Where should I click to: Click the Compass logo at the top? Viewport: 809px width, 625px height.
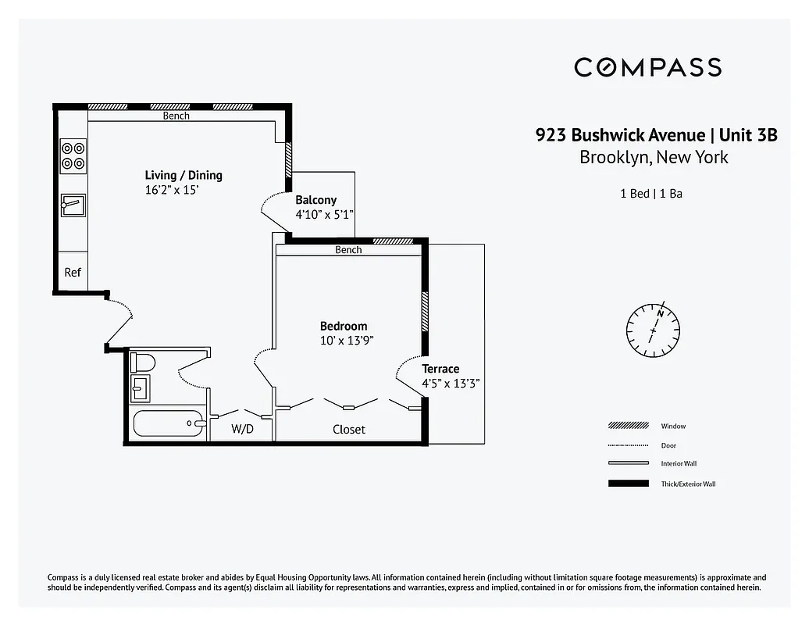point(647,67)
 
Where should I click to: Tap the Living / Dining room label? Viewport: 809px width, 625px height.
point(184,175)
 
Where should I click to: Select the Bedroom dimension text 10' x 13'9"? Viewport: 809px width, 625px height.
point(347,341)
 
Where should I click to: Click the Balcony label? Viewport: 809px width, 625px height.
point(315,200)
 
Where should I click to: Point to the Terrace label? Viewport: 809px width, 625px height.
point(440,369)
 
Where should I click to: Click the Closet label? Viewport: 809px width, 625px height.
point(348,429)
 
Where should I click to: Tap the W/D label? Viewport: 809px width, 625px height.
point(242,429)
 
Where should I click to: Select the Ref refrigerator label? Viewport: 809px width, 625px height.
point(73,273)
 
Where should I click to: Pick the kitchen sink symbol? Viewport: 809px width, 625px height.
point(73,205)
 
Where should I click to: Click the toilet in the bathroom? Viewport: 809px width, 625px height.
point(142,362)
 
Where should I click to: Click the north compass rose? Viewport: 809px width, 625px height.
point(654,325)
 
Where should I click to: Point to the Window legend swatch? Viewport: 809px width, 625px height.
point(628,426)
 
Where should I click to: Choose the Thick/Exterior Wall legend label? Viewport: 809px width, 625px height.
point(687,484)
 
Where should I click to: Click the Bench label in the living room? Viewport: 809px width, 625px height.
point(176,116)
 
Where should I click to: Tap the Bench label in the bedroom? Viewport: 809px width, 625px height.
point(348,250)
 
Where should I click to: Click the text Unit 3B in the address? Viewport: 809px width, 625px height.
point(748,134)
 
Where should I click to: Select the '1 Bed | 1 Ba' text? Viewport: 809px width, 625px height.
point(651,193)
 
